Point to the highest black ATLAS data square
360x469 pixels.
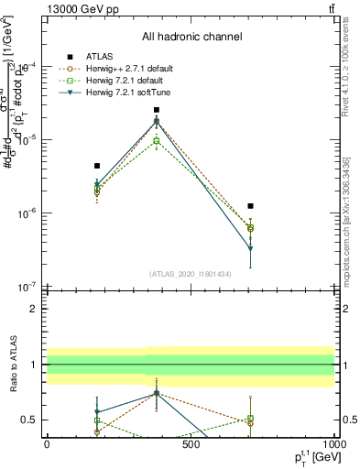click(x=157, y=110)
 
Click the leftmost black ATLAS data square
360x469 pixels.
click(x=97, y=166)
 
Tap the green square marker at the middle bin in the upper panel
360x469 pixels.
click(x=157, y=141)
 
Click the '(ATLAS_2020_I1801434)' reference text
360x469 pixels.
click(x=191, y=274)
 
